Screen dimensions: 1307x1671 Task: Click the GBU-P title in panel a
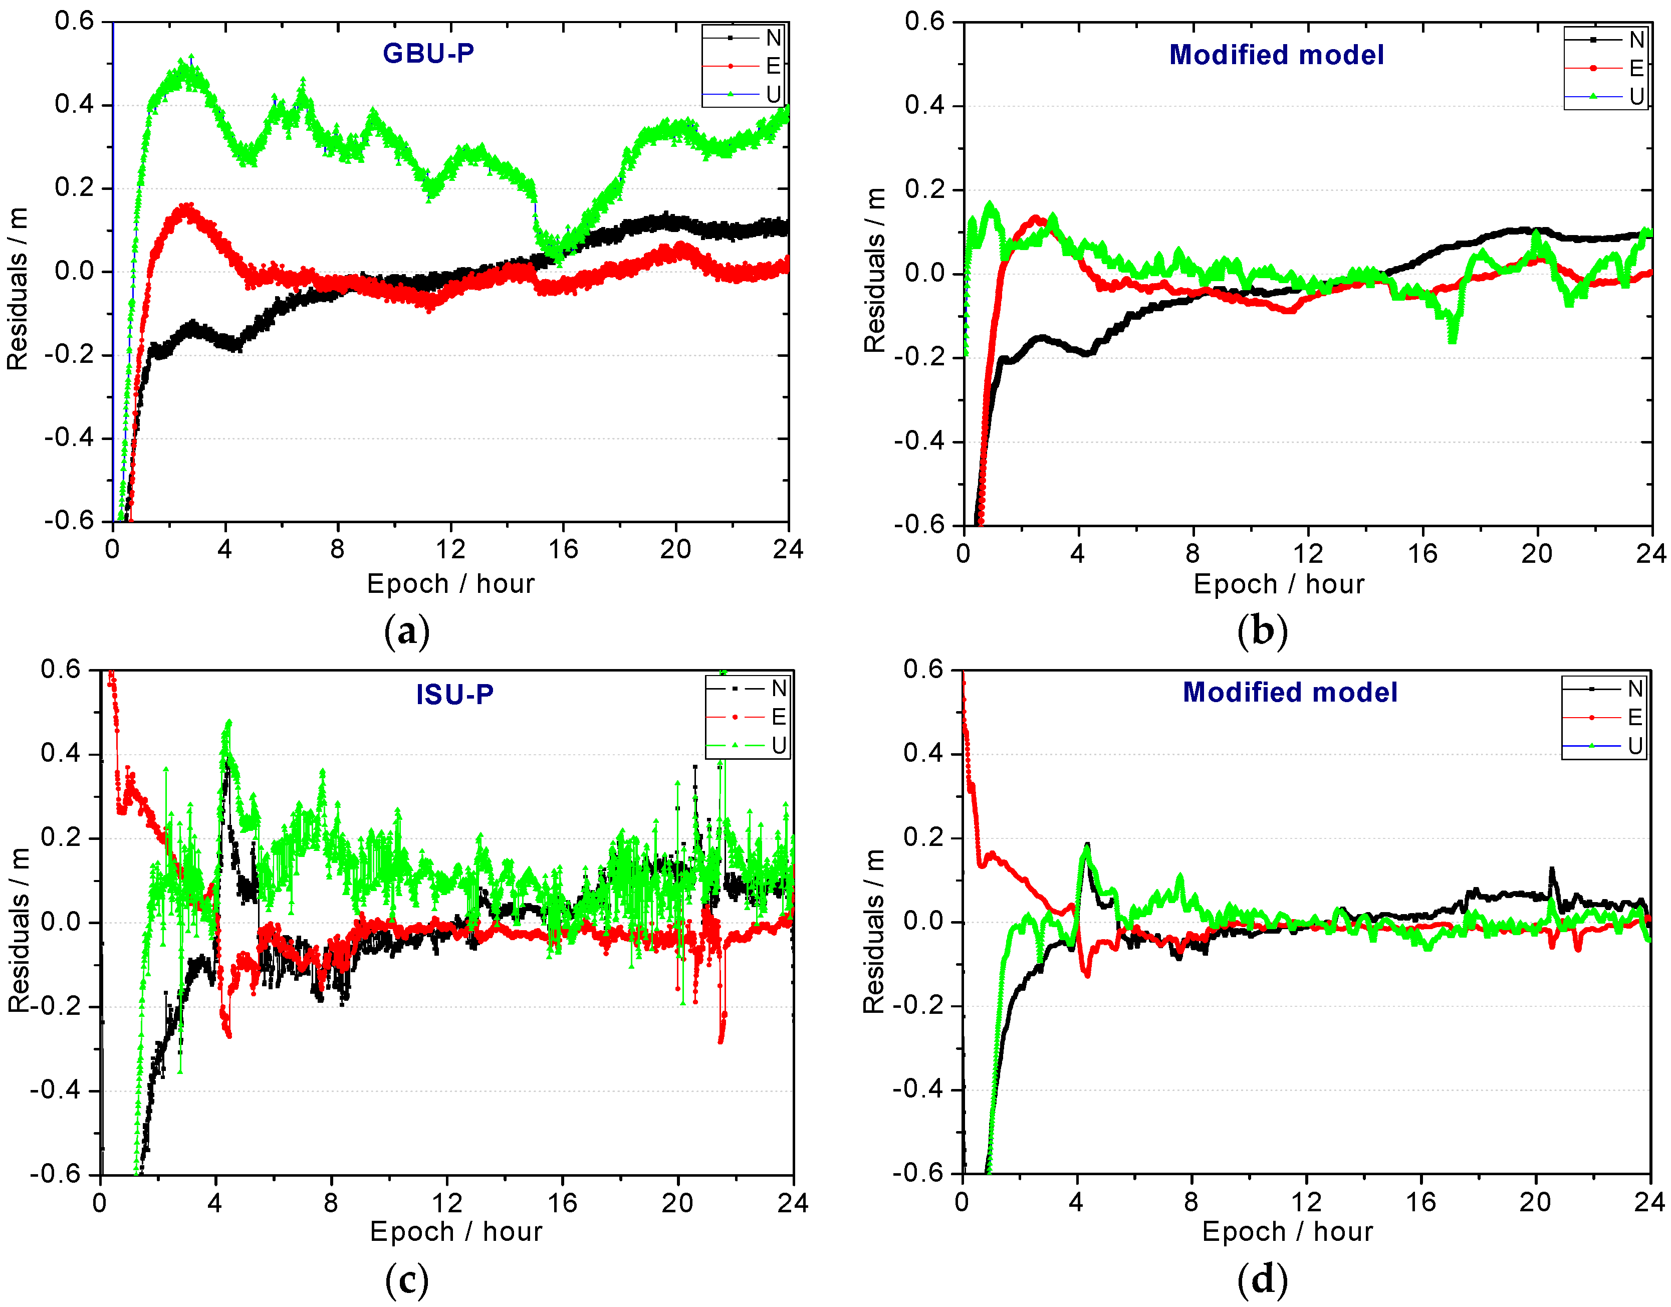click(428, 53)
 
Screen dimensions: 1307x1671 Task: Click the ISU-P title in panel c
click(454, 694)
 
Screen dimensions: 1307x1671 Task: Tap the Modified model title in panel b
click(1276, 55)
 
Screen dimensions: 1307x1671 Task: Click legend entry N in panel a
click(773, 38)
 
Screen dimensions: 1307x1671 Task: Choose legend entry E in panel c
click(778, 717)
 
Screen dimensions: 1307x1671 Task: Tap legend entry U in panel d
click(1634, 745)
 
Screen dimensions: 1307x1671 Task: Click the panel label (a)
click(406, 632)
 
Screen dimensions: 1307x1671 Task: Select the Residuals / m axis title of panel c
click(19, 929)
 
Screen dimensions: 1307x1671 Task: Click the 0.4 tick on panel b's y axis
click(924, 106)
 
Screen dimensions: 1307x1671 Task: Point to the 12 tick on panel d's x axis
click(1306, 1202)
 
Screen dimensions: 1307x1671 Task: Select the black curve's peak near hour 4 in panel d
click(1086, 845)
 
